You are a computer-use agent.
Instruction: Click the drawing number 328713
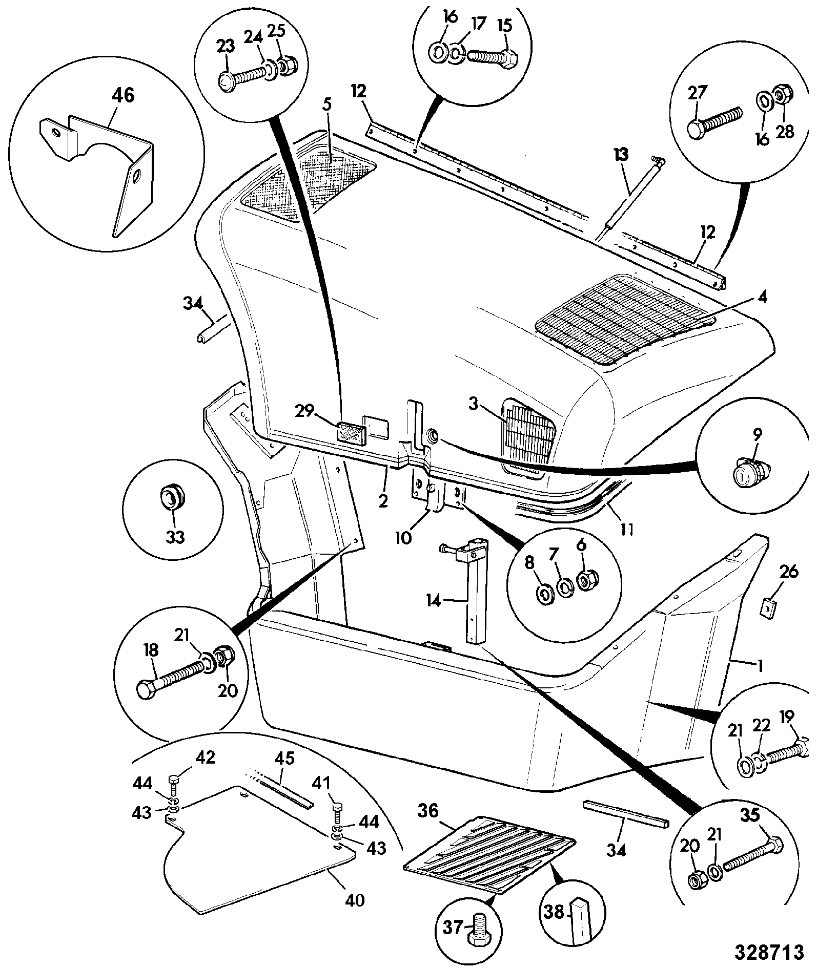click(769, 952)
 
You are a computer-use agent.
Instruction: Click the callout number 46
click(123, 95)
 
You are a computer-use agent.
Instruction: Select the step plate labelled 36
click(489, 856)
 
